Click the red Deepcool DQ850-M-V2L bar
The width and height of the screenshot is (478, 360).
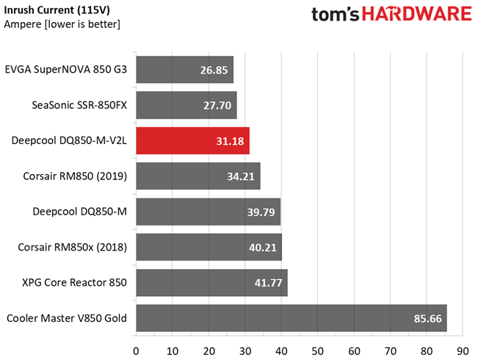click(192, 140)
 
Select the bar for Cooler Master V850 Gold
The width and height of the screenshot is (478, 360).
click(291, 318)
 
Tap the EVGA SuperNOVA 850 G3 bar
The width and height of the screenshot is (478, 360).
click(185, 70)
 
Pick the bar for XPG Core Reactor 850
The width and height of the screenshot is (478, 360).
click(212, 283)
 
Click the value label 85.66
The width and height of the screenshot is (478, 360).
click(427, 319)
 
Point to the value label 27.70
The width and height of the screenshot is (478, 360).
click(217, 106)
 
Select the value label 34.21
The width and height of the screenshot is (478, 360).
click(241, 176)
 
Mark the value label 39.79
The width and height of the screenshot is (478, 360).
click(261, 212)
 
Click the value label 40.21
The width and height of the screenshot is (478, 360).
click(262, 248)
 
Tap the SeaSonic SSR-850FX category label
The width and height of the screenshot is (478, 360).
click(79, 105)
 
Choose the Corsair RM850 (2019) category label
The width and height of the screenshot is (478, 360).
click(75, 176)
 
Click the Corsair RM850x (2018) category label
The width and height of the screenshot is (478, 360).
click(72, 247)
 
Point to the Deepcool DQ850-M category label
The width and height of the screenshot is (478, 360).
click(79, 212)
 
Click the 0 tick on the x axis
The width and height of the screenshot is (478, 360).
click(136, 351)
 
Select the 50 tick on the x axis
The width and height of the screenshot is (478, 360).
click(318, 351)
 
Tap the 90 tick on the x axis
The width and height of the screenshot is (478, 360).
click(463, 351)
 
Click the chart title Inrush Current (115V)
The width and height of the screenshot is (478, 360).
click(57, 10)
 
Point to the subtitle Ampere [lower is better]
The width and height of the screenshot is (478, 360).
click(62, 24)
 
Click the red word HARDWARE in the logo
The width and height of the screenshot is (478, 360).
click(417, 14)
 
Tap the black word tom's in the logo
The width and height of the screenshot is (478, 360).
click(336, 15)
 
